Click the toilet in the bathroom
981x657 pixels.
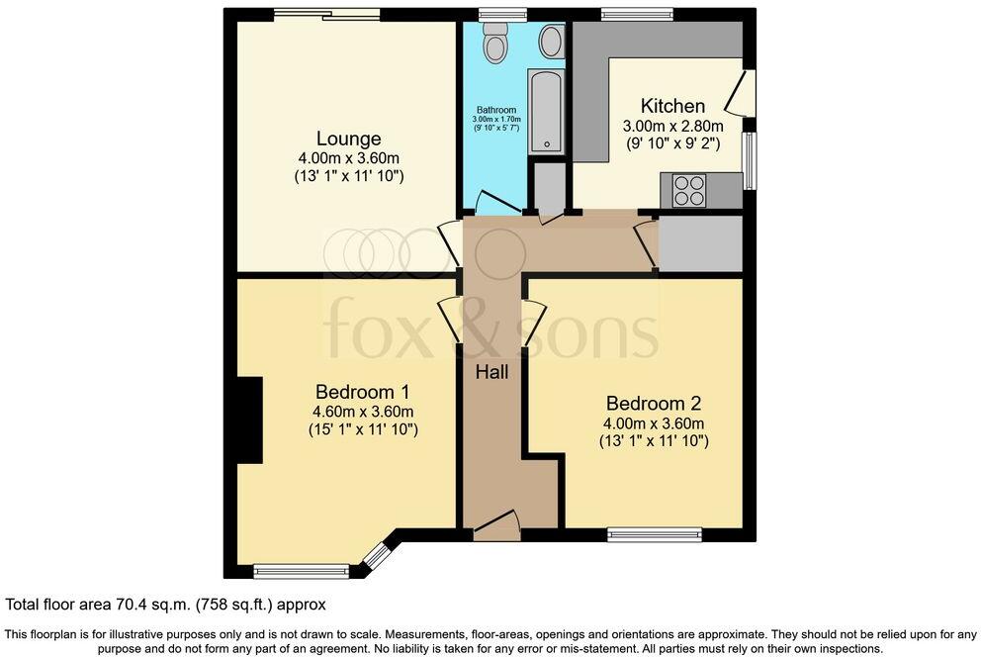[494, 43]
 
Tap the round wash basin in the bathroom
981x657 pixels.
[551, 42]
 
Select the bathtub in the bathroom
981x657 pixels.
[545, 111]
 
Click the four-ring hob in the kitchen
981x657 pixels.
[689, 190]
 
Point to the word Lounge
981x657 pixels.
[348, 139]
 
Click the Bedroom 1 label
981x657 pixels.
[362, 391]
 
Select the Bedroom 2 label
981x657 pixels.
[653, 403]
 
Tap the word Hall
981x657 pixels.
[491, 372]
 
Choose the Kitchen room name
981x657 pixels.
[672, 106]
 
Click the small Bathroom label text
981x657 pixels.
[496, 110]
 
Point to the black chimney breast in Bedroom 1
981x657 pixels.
[248, 420]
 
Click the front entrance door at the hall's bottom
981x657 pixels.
[496, 525]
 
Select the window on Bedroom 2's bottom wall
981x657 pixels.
[655, 535]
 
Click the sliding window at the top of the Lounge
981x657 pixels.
[326, 14]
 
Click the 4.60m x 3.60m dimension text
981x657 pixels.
[362, 412]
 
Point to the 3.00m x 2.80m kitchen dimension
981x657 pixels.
[672, 127]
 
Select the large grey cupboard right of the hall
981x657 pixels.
[700, 242]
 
